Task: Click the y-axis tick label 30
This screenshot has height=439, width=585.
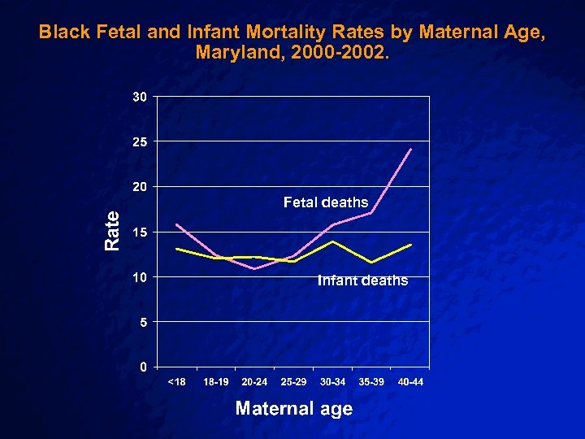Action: pos(140,98)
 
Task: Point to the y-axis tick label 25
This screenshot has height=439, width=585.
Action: pos(140,142)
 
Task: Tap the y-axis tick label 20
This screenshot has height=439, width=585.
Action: pos(140,187)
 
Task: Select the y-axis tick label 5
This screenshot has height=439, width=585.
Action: pos(143,322)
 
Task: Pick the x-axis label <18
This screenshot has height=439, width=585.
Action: pos(176,382)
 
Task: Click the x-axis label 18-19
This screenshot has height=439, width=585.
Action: pos(215,382)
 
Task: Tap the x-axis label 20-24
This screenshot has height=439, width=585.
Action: pos(254,382)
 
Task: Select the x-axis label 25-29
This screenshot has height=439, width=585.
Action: pos(293,382)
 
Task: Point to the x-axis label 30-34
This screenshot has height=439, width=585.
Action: pos(332,382)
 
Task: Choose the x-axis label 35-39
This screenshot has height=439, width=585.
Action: pos(371,382)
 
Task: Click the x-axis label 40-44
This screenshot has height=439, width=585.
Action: pos(410,382)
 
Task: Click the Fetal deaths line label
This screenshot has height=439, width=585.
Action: pos(326,202)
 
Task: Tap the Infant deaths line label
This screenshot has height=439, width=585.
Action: pos(362,280)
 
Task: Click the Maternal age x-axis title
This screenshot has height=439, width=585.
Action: pos(293,408)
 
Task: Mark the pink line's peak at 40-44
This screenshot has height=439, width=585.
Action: pos(412,150)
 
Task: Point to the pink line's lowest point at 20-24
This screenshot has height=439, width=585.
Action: pos(254,268)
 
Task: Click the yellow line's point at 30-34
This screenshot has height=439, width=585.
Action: pos(332,241)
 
